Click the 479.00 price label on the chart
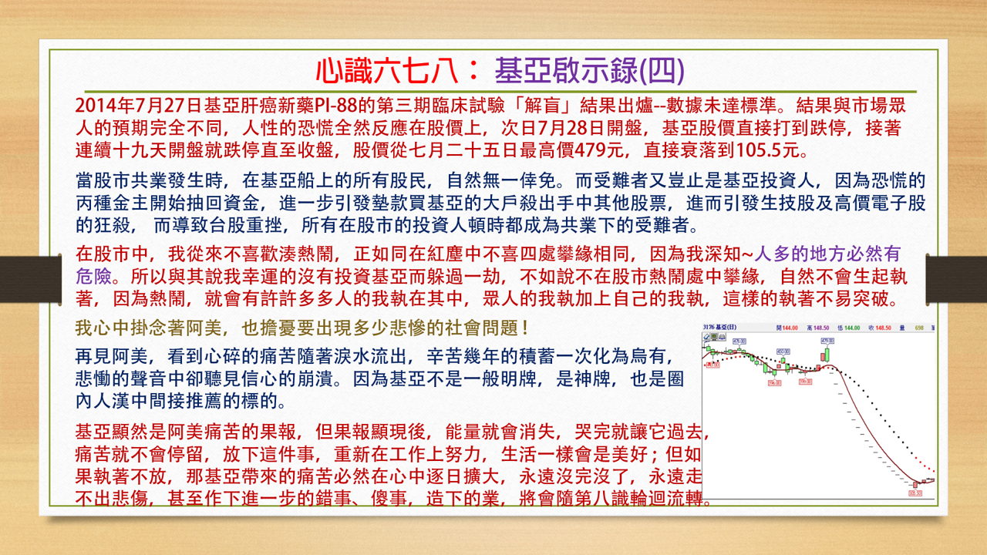pos(827,340)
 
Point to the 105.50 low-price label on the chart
pos(915,493)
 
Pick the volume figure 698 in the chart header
pos(919,328)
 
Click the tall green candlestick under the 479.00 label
pos(827,355)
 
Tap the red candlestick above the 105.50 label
pos(915,484)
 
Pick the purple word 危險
pos(96,275)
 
